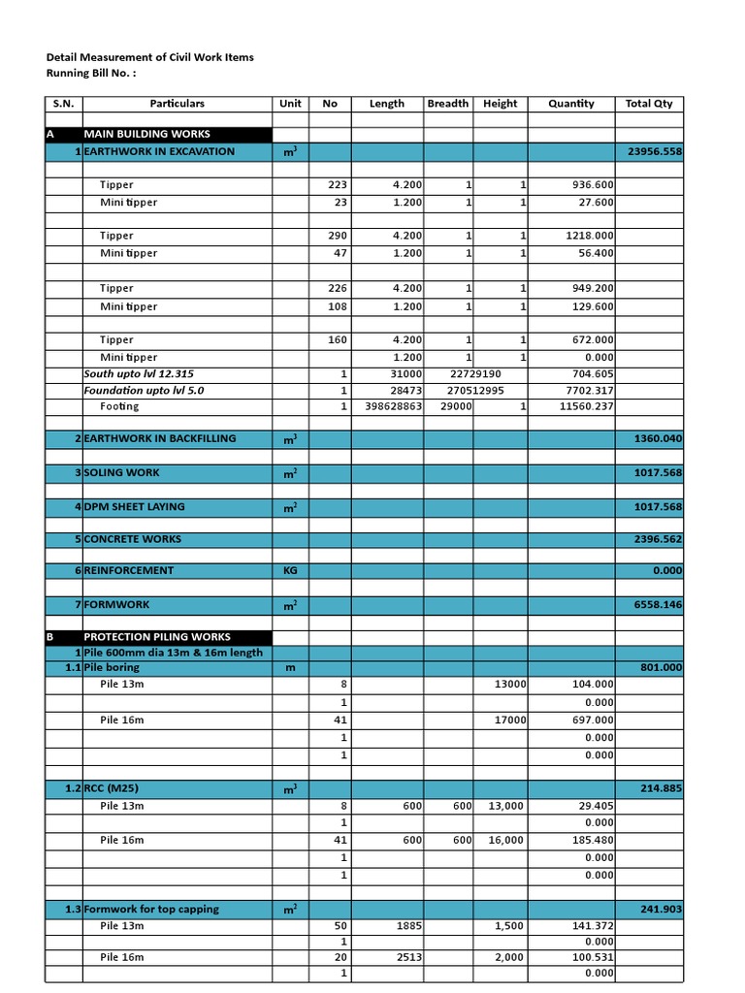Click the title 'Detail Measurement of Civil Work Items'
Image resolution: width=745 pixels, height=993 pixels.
[149, 57]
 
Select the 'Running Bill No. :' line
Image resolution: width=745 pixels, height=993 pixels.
[92, 73]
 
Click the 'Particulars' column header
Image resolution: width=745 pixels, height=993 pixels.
[177, 104]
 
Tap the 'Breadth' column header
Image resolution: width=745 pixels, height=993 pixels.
[447, 104]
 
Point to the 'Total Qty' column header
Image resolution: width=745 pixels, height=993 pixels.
[649, 104]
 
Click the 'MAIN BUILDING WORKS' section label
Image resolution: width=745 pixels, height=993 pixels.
[146, 134]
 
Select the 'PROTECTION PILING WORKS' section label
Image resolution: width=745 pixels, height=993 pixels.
[157, 637]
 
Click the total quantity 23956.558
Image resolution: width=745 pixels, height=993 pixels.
[655, 151]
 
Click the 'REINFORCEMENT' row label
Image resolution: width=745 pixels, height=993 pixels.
[129, 570]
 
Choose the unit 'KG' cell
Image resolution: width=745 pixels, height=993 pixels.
[290, 571]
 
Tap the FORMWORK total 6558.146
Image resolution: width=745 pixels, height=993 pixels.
[655, 604]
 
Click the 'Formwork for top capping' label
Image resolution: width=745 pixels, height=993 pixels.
[151, 909]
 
